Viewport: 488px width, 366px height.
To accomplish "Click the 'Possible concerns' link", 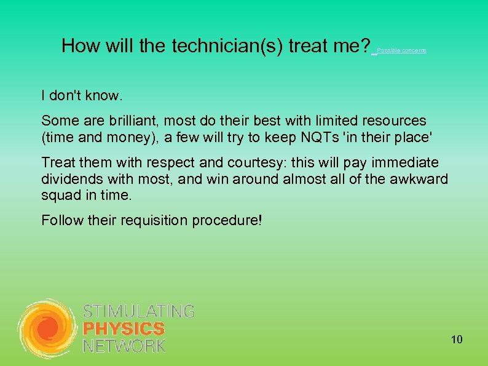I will pos(401,50).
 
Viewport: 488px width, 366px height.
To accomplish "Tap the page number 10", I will pos(457,340).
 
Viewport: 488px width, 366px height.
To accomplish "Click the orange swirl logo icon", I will pos(47,328).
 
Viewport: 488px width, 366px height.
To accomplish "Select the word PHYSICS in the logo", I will pos(124,329).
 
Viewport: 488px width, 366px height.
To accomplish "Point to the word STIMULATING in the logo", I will pos(138,312).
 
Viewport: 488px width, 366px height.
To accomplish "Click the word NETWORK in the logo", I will pos(124,346).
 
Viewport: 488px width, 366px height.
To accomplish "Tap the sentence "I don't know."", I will pos(82,96).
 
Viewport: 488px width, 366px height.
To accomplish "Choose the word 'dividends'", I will pos(68,179).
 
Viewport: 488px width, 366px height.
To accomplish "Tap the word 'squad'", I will pos(58,195).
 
